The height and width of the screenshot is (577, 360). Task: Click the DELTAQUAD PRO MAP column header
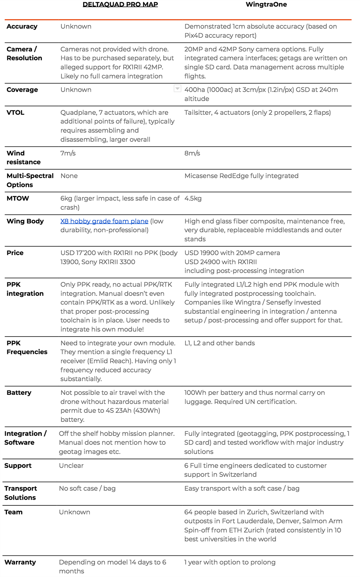coord(120,5)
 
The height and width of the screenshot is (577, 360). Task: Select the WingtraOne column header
coord(266,5)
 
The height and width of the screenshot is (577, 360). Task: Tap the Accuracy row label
coord(22,27)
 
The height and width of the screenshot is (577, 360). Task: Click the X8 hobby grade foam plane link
coord(104,221)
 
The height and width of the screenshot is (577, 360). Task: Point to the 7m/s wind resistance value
coord(68,153)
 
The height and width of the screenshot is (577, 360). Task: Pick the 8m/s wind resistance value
coord(192,153)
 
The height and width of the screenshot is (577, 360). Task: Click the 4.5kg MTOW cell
coord(193,198)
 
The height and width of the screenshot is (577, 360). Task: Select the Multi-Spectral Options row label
coord(30,180)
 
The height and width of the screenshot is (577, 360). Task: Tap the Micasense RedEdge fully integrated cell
coord(241,176)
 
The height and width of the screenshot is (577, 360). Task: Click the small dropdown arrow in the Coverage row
coord(177,89)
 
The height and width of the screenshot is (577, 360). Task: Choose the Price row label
coord(15,253)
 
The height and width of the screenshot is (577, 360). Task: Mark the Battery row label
coord(19,393)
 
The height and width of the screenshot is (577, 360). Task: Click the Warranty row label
coord(20,562)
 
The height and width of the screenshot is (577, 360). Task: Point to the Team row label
coord(13,512)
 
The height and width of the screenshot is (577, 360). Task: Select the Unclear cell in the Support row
coord(71,466)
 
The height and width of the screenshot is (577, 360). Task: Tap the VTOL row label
coord(15,113)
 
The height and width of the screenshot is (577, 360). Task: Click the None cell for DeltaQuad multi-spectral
coord(69,176)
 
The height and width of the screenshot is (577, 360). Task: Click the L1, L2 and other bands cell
coord(220,343)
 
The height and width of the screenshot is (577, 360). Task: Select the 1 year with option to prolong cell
coord(230,562)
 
